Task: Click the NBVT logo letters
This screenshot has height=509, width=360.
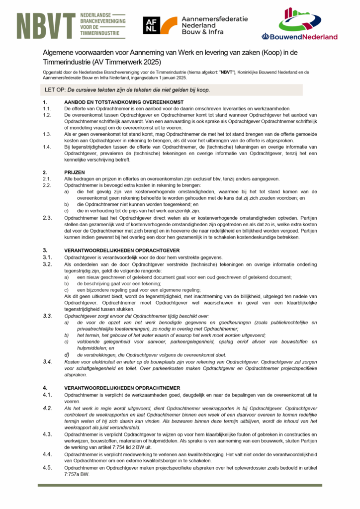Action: tap(46, 26)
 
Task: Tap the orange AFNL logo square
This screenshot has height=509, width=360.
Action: tap(160, 25)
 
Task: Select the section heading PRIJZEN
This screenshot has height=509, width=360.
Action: tap(75, 172)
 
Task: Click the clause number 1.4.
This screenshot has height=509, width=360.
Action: tap(47, 147)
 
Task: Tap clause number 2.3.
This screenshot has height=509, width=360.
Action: tap(47, 218)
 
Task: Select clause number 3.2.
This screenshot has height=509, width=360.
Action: tap(47, 264)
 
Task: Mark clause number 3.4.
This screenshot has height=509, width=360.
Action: tap(47, 361)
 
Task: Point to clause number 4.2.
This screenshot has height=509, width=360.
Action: tap(47, 408)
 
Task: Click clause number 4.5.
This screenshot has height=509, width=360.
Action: tap(47, 468)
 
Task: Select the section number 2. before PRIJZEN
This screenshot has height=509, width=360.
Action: tap(45, 172)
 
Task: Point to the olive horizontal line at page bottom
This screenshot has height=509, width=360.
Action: tap(180, 485)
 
